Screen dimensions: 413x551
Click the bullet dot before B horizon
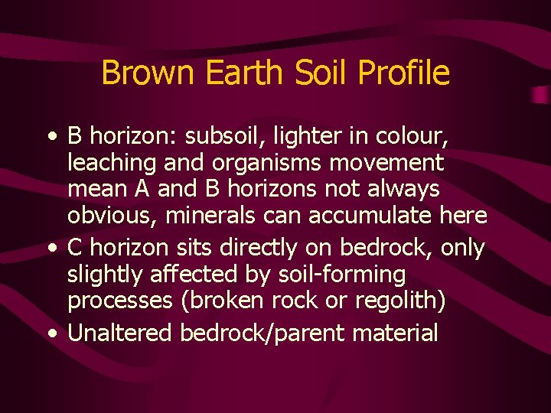click(x=51, y=138)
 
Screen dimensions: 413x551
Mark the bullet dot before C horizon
click(x=51, y=249)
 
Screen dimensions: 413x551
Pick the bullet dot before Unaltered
click(x=51, y=333)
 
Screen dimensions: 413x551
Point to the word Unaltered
click(x=120, y=333)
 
